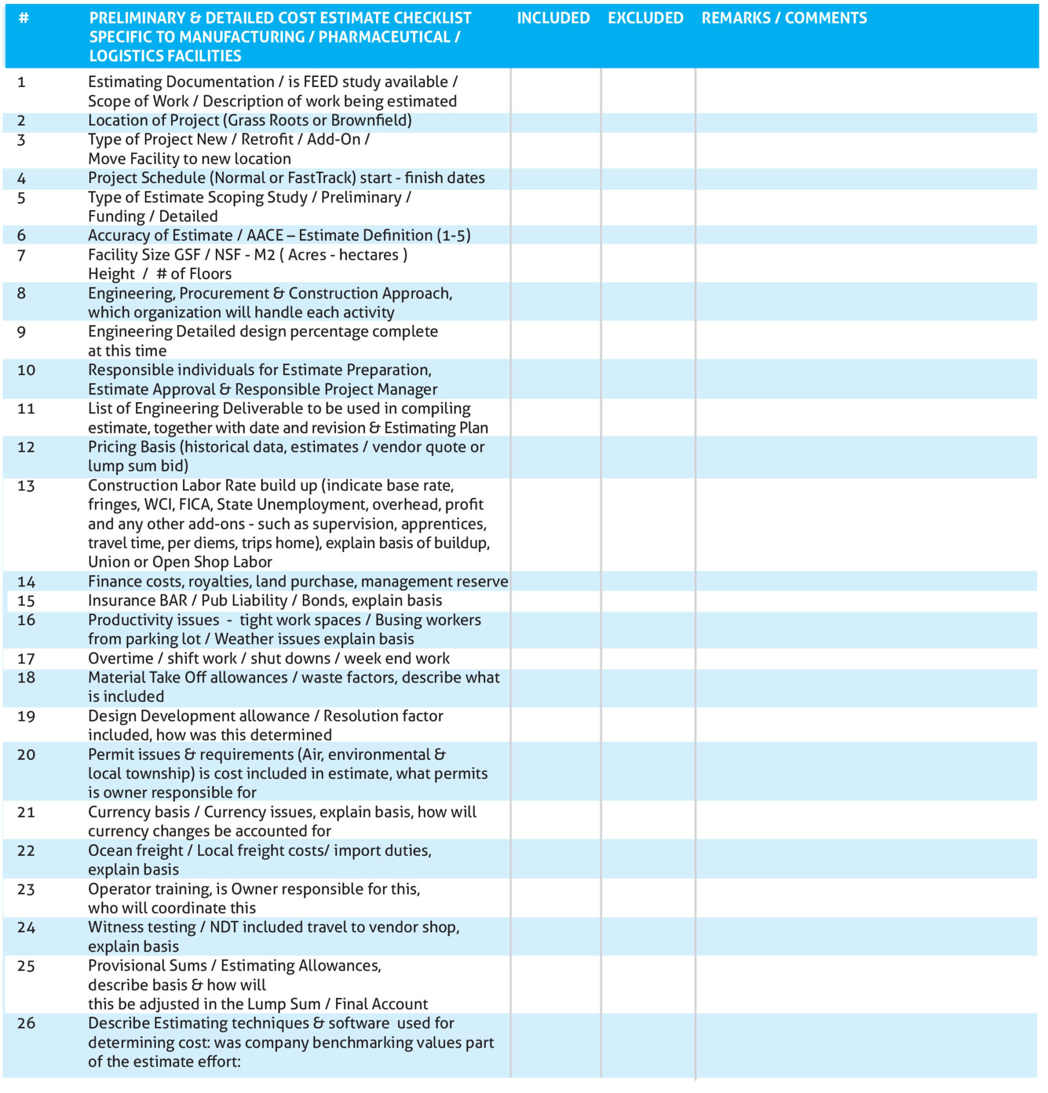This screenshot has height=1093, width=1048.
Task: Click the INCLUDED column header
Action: point(552,19)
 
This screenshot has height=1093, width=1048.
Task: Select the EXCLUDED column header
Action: point(645,19)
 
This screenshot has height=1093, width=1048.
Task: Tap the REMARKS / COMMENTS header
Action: point(784,19)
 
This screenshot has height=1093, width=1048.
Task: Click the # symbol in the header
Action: point(23,18)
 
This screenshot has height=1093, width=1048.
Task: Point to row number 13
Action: point(26,486)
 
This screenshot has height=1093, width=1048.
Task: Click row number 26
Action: point(26,1023)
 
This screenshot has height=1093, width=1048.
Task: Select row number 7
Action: point(21,255)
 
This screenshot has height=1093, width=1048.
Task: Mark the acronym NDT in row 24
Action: point(223,927)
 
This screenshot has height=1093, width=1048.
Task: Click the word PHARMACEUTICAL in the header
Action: point(384,37)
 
